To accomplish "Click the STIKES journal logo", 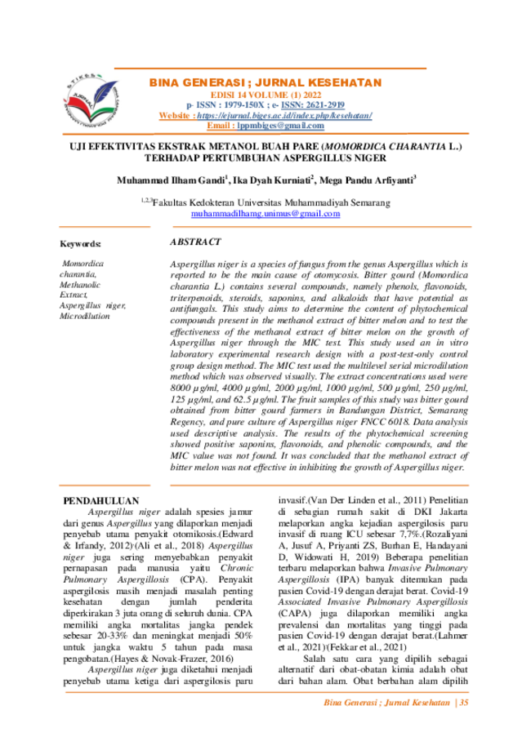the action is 91,100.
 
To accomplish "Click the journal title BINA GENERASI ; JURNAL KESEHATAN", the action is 265,82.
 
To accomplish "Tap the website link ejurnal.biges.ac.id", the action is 284,115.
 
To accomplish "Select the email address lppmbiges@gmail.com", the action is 280,126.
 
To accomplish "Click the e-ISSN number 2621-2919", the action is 313,104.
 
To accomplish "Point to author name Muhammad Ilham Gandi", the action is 171,180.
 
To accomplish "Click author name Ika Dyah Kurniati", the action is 271,180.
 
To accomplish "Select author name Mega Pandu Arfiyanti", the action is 366,180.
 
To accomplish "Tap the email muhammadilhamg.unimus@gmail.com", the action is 265,214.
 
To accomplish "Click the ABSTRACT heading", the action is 195,242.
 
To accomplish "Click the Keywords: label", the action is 80,244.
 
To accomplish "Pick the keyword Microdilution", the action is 85,316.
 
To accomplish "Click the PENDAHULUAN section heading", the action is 101,501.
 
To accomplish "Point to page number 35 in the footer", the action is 463,703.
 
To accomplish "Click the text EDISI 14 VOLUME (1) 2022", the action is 265,95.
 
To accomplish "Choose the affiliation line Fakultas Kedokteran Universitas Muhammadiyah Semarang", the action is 271,203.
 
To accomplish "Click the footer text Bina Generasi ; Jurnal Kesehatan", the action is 387,703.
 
